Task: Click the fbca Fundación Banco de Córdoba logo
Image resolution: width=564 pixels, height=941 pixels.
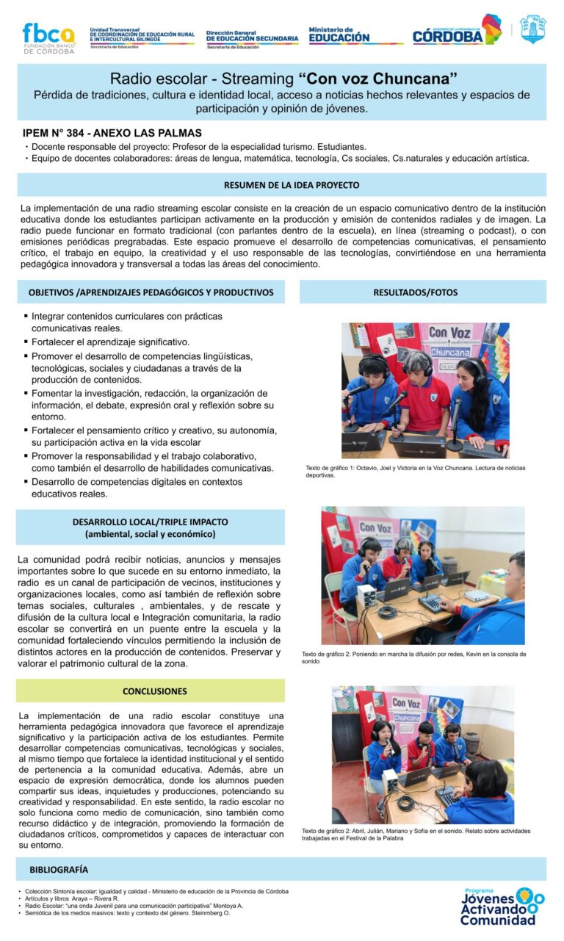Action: tap(48, 37)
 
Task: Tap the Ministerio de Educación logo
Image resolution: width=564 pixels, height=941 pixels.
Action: tap(339, 35)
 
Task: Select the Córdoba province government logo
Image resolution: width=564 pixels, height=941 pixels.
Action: tap(456, 32)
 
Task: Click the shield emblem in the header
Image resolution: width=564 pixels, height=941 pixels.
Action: tap(532, 30)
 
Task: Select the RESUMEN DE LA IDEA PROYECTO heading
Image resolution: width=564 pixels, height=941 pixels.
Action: tap(281, 185)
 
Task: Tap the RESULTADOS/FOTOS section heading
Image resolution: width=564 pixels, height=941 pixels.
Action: tap(422, 292)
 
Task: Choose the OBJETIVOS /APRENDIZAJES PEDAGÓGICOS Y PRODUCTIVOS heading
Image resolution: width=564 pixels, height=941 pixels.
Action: tap(151, 292)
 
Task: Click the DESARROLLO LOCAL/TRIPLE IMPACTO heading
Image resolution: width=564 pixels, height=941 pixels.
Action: tap(150, 527)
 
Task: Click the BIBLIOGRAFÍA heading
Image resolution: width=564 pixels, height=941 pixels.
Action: tap(59, 869)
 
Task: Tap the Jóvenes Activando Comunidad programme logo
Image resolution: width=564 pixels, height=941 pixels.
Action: tap(502, 906)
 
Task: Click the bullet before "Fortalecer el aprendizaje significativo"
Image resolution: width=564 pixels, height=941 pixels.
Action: tap(26, 342)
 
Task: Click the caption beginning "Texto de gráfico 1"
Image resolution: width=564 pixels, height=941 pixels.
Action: tap(415, 472)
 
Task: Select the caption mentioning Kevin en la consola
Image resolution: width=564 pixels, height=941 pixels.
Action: tap(413, 657)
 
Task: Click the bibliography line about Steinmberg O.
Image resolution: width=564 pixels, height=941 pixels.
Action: tap(124, 913)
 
